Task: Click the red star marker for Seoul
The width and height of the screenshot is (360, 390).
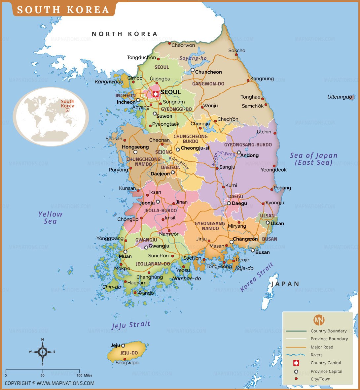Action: coord(156,94)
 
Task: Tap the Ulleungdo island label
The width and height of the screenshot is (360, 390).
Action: coord(340,97)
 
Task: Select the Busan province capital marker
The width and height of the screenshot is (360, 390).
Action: coord(253,250)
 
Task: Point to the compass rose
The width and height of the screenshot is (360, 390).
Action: coord(43,352)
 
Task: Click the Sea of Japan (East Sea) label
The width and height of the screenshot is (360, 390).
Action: coord(313,159)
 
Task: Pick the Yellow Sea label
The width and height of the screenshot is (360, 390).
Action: coord(50,218)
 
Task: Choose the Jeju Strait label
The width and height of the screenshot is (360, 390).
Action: coord(131,325)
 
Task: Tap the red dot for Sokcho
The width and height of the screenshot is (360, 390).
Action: coord(236,55)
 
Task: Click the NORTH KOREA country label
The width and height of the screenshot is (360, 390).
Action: coord(125,34)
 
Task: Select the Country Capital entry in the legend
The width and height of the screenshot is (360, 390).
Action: coord(326,363)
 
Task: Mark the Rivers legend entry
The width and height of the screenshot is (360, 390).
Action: coord(316,355)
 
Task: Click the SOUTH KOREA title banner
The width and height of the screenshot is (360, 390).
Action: coord(63,10)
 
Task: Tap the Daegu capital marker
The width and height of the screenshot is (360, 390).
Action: coord(229,203)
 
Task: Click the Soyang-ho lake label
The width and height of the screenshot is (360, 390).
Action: coord(193,58)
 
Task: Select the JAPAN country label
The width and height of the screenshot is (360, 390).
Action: coord(285,284)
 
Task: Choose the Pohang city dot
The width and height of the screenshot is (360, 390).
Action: coord(272,189)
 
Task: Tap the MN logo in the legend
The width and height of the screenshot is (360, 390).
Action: coord(319,320)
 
